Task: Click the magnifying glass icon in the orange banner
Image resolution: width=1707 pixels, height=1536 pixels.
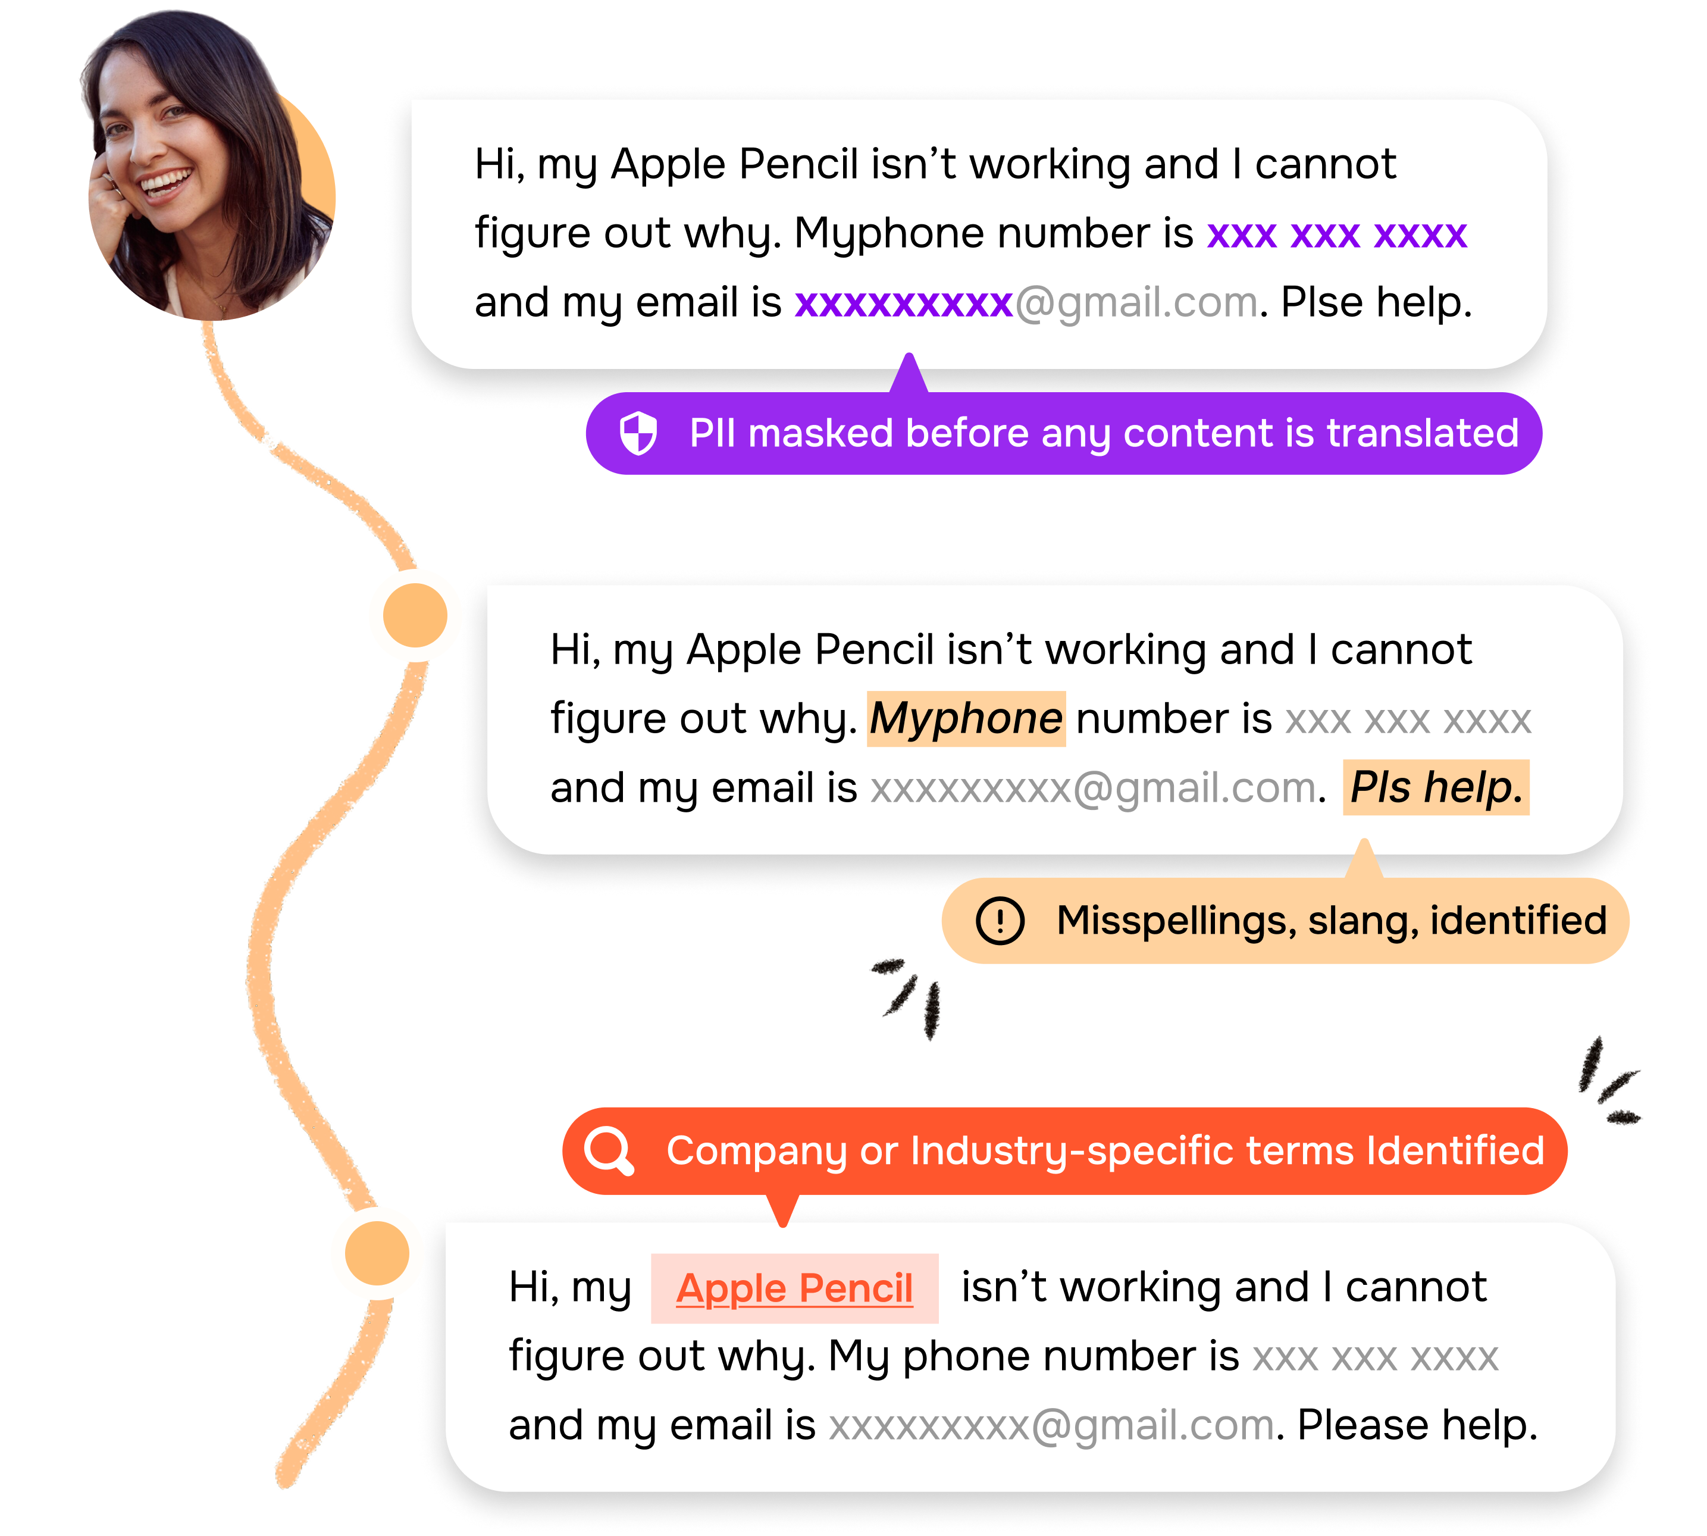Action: (610, 1150)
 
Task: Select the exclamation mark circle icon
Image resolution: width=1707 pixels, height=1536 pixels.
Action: (1000, 920)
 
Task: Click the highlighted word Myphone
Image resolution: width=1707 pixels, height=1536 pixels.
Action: (966, 719)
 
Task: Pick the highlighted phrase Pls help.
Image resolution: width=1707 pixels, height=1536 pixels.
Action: (1435, 787)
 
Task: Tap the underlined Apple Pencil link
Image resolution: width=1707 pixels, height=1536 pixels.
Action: (794, 1288)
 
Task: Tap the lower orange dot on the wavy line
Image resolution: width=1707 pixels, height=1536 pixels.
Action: (377, 1253)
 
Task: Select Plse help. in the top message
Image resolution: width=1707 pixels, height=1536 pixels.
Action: (1376, 303)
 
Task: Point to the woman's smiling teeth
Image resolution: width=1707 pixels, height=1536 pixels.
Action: (165, 182)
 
